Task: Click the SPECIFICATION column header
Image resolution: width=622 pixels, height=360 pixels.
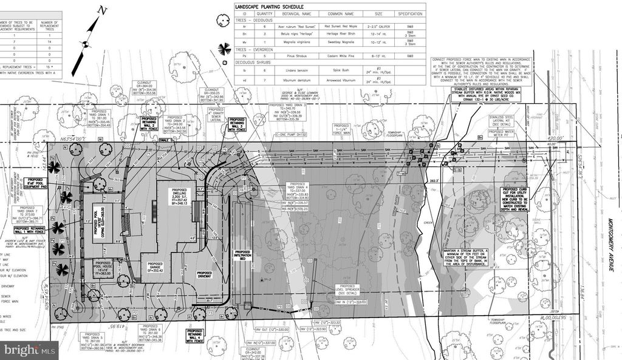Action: [410, 13]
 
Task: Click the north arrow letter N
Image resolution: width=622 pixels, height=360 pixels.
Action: [103, 10]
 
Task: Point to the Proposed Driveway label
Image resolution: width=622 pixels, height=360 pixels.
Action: [204, 276]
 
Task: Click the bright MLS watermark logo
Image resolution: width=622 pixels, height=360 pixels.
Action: [29, 349]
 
